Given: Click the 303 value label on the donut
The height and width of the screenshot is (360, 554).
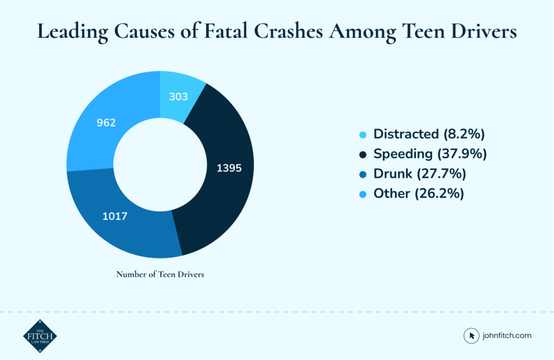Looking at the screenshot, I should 178,97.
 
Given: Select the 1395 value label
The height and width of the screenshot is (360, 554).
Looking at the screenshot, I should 228,168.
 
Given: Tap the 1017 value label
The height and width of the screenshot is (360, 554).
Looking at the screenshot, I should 114,216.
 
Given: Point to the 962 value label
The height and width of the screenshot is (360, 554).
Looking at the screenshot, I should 106,123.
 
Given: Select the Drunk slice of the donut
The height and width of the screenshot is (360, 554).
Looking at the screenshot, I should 130,227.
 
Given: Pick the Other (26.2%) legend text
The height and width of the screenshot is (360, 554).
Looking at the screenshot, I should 419,193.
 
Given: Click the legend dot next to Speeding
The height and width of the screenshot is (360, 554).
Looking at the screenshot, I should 362,155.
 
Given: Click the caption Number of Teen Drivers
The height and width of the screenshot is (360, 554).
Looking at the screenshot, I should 160,274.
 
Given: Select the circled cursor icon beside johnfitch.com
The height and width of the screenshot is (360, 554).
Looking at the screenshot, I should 472,336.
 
